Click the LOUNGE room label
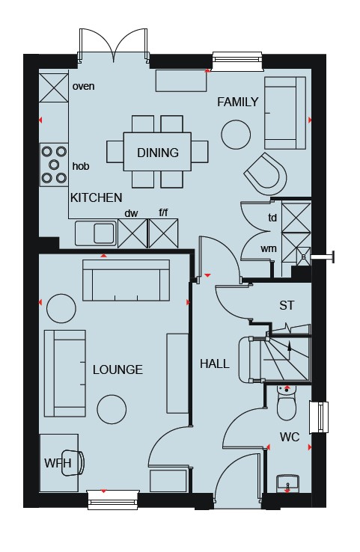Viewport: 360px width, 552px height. [x=118, y=369]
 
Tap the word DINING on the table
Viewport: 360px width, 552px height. [x=158, y=153]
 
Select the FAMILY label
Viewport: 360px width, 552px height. [x=238, y=102]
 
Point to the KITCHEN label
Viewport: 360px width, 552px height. [x=96, y=197]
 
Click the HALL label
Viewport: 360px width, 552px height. [x=215, y=364]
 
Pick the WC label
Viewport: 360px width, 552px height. [x=290, y=437]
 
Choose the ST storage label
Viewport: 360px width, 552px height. [x=287, y=305]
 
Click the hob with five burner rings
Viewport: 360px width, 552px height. [x=54, y=165]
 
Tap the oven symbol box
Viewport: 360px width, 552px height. [x=54, y=88]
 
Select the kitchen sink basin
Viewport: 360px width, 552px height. [x=104, y=233]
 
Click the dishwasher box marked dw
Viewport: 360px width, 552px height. [x=132, y=233]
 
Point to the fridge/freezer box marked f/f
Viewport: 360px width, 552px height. [x=163, y=233]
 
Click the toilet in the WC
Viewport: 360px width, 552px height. [x=287, y=402]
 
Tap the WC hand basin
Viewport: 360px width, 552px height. [x=288, y=483]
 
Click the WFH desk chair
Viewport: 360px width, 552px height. [x=73, y=463]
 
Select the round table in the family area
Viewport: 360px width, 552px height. [x=236, y=135]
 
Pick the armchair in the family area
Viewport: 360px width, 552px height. [x=265, y=174]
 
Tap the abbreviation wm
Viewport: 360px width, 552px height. [x=269, y=248]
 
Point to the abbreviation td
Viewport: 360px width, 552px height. [x=272, y=218]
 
